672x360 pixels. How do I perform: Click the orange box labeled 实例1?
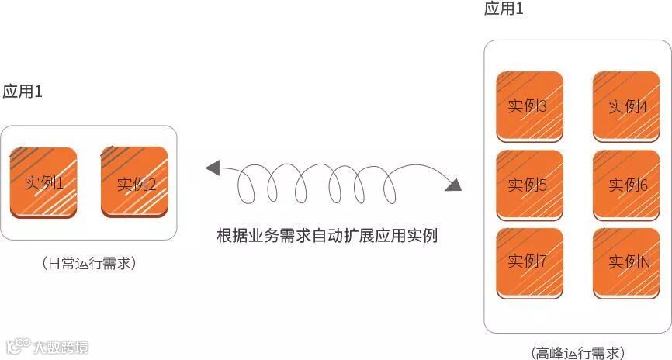pos(43,182)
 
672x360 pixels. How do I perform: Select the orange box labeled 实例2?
pos(134,182)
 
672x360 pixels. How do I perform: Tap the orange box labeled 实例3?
pos(529,106)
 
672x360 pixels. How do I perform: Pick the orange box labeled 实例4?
pos(626,106)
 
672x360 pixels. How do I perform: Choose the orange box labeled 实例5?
pos(529,185)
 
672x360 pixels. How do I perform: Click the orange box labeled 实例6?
pos(626,185)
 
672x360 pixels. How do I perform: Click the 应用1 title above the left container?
pos(23,92)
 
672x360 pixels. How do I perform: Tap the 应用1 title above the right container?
pos(504,9)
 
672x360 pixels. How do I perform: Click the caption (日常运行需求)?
pos(90,264)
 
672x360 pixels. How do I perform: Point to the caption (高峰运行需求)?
pos(577,352)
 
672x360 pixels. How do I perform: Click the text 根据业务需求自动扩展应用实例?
pos(327,235)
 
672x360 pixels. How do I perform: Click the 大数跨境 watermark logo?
pos(48,346)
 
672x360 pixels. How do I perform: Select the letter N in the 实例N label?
pos(643,262)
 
